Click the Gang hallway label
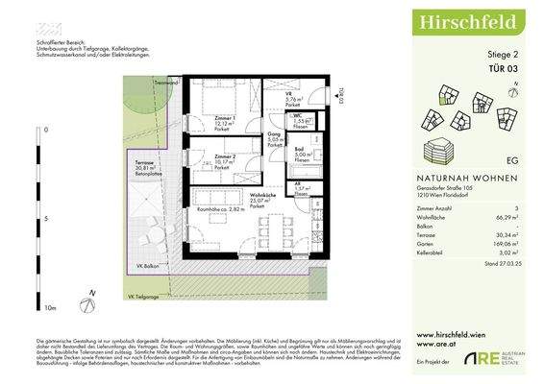coord(273,136)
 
